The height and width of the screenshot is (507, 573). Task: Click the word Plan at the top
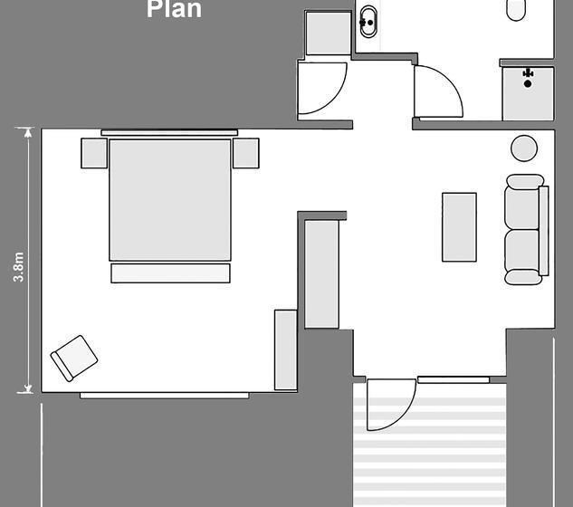pyautogui.click(x=174, y=10)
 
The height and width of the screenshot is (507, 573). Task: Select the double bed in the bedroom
pyautogui.click(x=170, y=199)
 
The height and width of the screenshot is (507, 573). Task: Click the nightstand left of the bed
pyautogui.click(x=94, y=152)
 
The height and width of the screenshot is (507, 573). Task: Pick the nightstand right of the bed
pyautogui.click(x=246, y=152)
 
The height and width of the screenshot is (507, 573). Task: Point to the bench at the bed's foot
pyautogui.click(x=170, y=273)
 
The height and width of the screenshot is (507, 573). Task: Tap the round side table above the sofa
pyautogui.click(x=524, y=148)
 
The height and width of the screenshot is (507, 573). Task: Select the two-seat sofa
pyautogui.click(x=525, y=230)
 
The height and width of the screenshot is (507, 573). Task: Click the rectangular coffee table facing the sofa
pyautogui.click(x=459, y=226)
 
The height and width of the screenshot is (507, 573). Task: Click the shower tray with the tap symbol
pyautogui.click(x=528, y=92)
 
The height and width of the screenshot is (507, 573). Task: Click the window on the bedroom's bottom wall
pyautogui.click(x=164, y=395)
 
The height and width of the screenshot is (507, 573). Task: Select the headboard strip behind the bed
pyautogui.click(x=170, y=133)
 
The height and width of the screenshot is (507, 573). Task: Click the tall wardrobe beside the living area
pyautogui.click(x=321, y=273)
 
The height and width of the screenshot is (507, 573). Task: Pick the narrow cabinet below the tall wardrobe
pyautogui.click(x=285, y=349)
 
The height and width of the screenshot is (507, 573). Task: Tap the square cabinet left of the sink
pyautogui.click(x=327, y=33)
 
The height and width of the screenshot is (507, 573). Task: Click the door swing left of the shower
pyautogui.click(x=437, y=91)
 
